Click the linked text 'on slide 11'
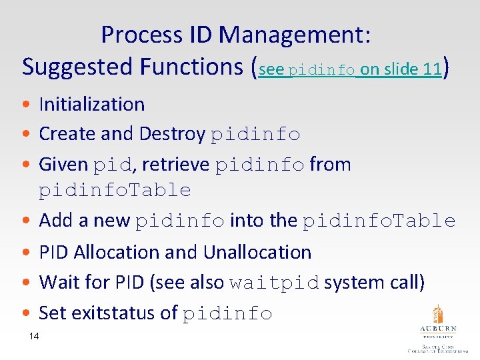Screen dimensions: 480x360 click(x=401, y=69)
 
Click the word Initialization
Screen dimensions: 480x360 click(x=92, y=104)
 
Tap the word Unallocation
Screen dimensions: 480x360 click(x=257, y=252)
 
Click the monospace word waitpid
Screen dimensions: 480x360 click(x=274, y=283)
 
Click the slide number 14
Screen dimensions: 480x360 click(x=34, y=337)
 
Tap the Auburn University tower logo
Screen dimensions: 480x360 click(x=438, y=315)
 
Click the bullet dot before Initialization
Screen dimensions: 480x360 click(x=25, y=105)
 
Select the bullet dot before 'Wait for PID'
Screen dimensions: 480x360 click(x=25, y=283)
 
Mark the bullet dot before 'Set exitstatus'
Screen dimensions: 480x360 click(x=25, y=313)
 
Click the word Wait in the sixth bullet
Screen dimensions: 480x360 click(x=57, y=283)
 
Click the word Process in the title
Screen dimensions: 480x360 click(x=142, y=35)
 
